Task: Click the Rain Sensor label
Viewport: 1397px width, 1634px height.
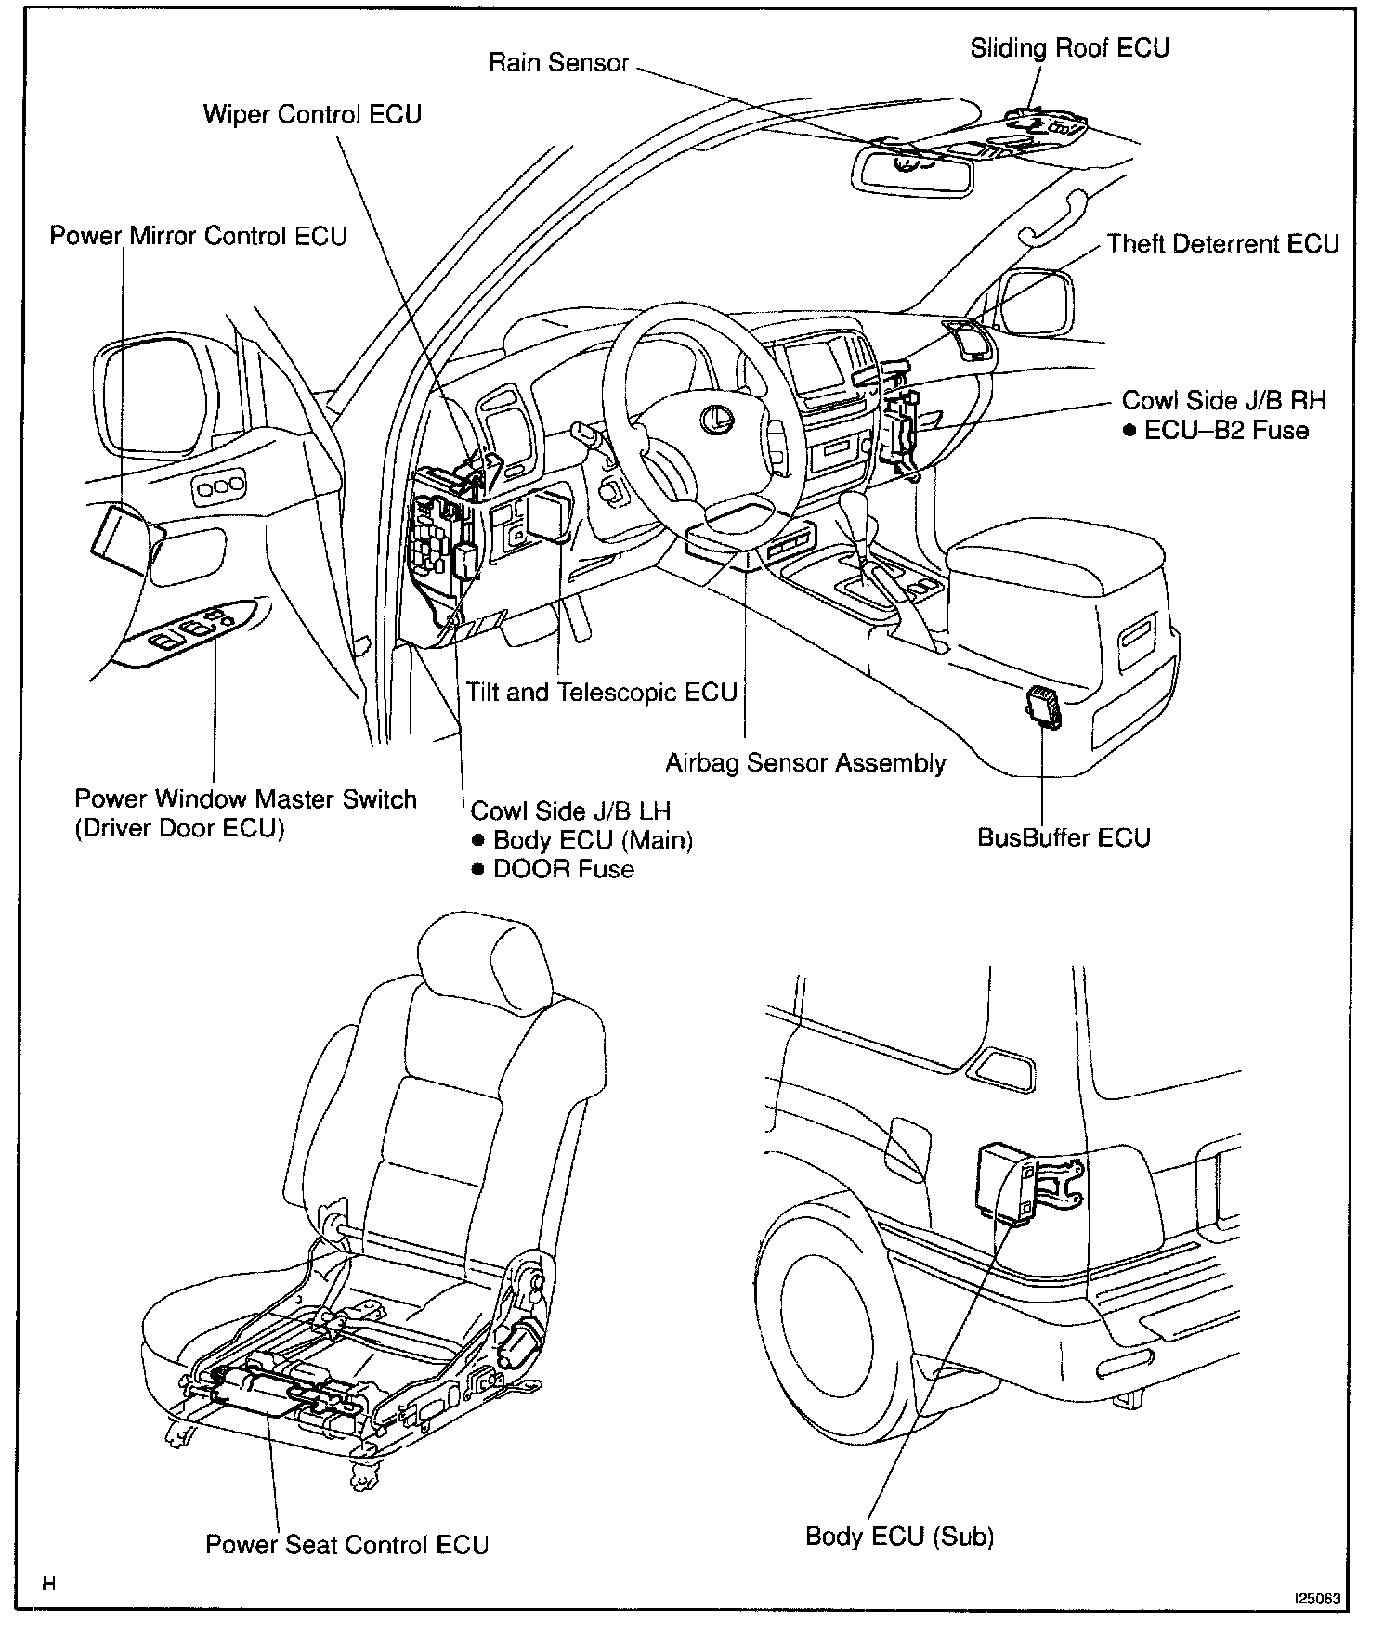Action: (558, 63)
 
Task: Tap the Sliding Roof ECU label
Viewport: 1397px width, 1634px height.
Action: (1069, 48)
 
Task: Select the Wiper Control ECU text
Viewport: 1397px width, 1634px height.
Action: (312, 114)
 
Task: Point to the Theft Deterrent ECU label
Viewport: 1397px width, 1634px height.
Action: (1222, 244)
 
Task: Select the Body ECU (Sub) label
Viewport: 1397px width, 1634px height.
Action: (899, 1537)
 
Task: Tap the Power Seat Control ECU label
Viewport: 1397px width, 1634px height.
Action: (346, 1544)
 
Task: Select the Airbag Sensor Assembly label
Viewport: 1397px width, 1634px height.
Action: (804, 763)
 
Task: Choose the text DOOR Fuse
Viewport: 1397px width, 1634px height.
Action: (564, 870)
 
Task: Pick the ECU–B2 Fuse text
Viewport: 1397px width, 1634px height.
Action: (1226, 431)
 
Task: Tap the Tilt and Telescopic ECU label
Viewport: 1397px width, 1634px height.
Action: (601, 693)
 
